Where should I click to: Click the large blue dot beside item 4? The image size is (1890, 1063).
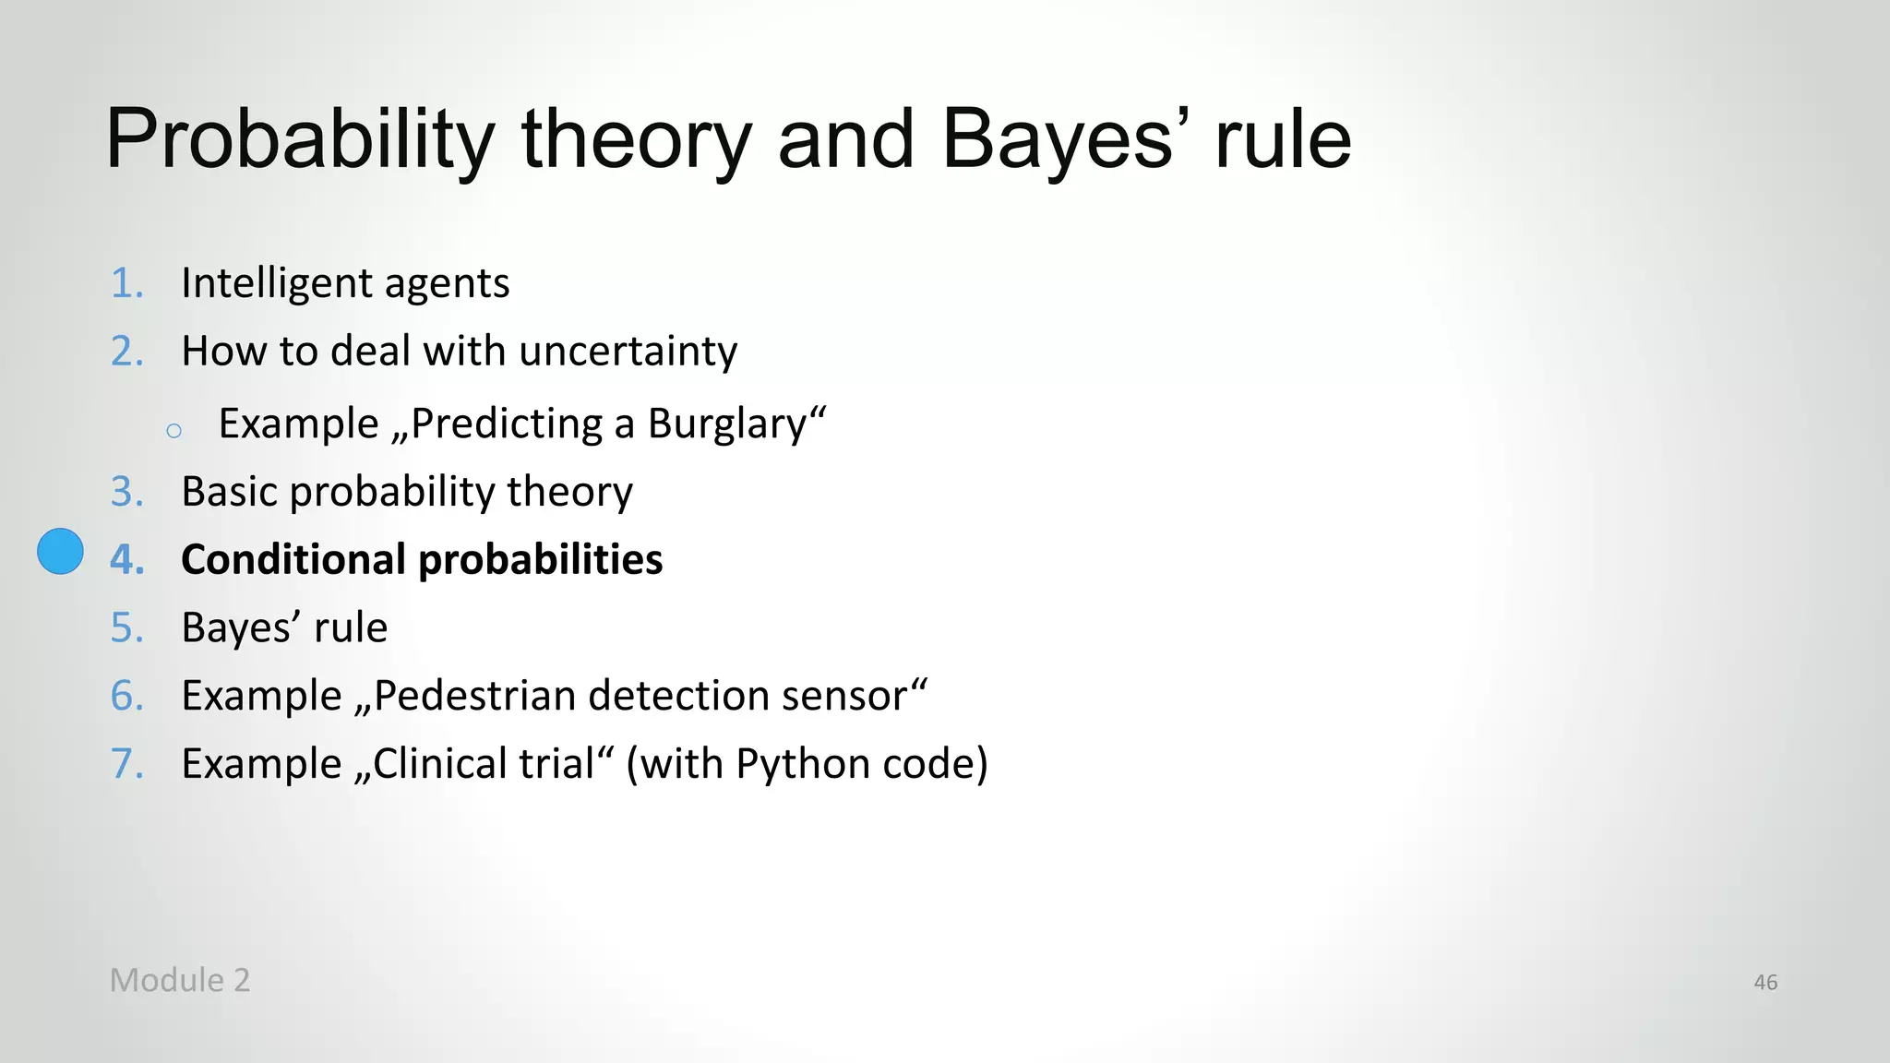tap(60, 552)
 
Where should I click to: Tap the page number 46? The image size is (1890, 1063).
tap(1764, 983)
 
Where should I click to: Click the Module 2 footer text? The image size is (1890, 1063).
tap(180, 980)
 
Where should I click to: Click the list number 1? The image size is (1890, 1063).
tap(126, 283)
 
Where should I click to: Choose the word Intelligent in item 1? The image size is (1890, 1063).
tap(276, 283)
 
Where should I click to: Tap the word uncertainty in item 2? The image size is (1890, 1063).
tap(628, 352)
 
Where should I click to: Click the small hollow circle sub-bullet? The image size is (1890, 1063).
tap(174, 431)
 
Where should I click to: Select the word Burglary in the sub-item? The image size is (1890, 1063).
tap(727, 424)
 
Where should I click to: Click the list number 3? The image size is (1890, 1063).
tap(126, 492)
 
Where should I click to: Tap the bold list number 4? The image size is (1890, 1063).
tap(126, 560)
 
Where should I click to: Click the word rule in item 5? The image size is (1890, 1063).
tap(351, 628)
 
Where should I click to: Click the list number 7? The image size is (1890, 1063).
tap(126, 764)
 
